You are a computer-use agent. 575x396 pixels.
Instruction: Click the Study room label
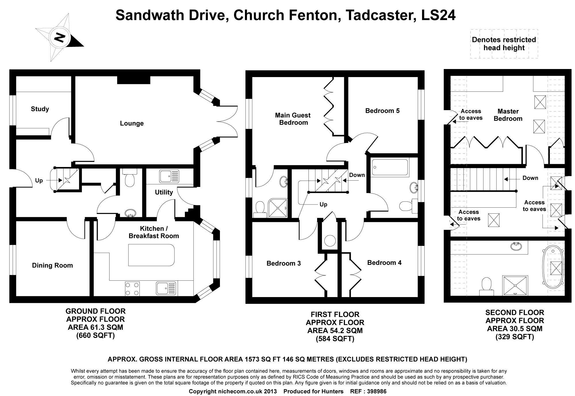click(40, 109)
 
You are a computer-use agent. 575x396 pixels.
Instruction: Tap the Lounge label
click(132, 123)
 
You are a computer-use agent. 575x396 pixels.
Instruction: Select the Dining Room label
click(52, 265)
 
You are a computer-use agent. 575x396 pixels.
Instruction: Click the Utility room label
click(164, 192)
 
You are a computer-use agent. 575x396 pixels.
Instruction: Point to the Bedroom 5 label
click(382, 111)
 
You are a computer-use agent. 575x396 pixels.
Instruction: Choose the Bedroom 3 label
click(283, 263)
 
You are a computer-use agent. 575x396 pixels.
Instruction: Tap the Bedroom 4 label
click(384, 263)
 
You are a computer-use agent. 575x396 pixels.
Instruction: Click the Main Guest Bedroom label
click(293, 119)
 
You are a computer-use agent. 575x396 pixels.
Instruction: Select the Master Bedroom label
click(508, 115)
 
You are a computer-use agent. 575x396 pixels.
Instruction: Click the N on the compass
click(60, 38)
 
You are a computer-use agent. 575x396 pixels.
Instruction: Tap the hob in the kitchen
click(132, 288)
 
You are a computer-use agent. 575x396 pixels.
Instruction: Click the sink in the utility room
click(169, 176)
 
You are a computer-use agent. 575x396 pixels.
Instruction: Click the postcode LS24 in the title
click(438, 15)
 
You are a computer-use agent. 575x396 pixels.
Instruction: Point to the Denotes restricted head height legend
click(504, 44)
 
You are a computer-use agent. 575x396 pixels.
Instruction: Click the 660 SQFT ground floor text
click(95, 335)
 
